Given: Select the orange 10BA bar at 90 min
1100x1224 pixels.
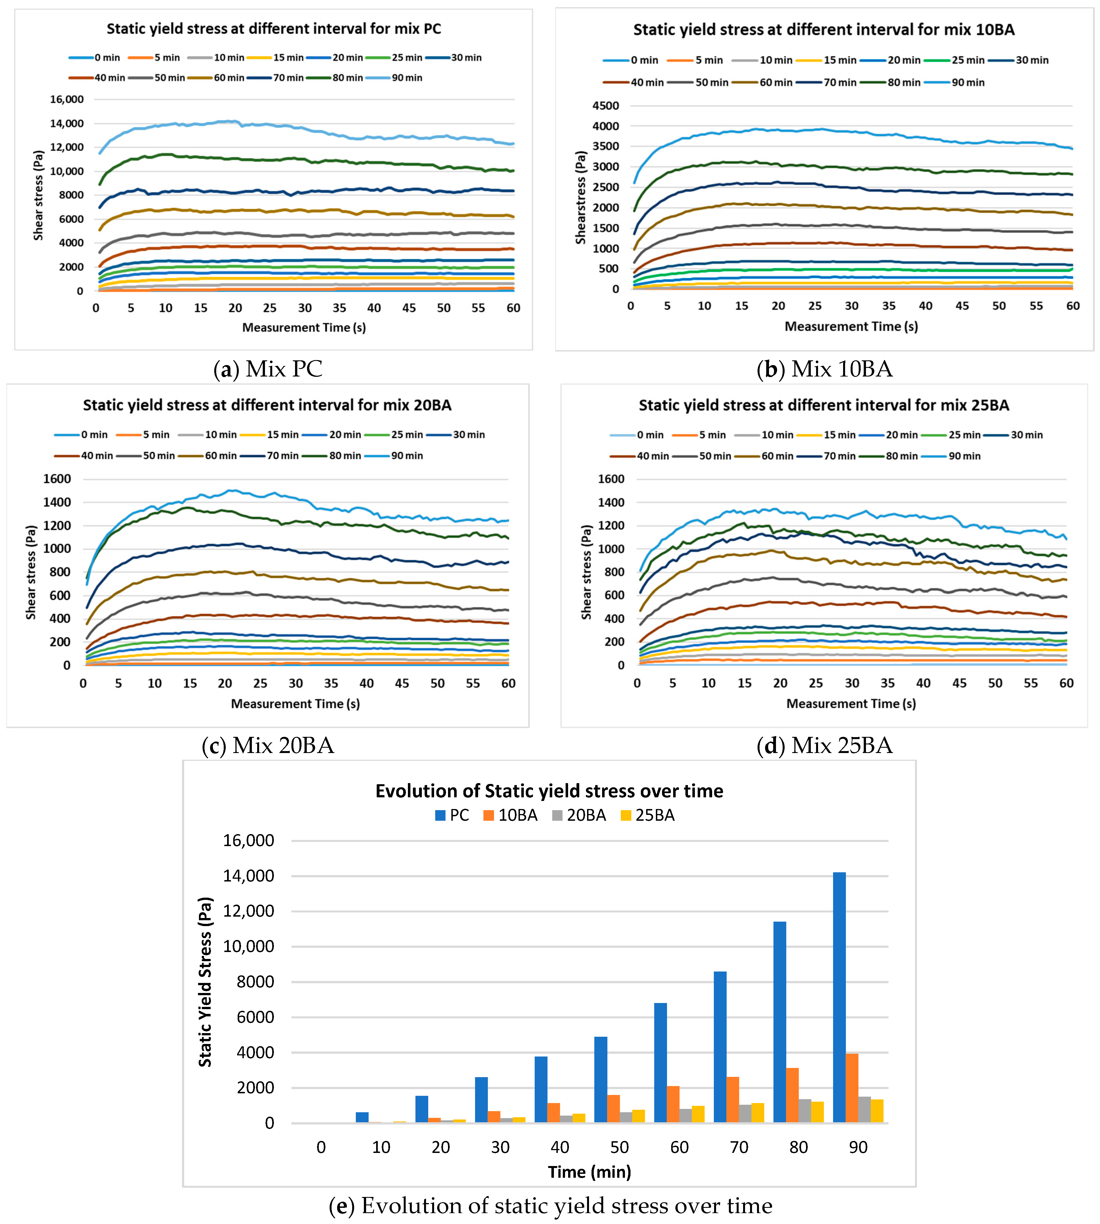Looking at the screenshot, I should (x=851, y=1088).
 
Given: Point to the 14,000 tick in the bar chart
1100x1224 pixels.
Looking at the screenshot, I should (x=249, y=876).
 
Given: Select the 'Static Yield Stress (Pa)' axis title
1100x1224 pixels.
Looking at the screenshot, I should (x=206, y=982).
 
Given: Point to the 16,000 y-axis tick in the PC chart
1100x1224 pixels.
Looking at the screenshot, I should (x=67, y=99).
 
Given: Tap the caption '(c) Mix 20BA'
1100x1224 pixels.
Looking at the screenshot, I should (x=268, y=745).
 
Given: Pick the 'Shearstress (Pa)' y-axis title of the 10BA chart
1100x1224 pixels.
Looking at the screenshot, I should (x=581, y=198).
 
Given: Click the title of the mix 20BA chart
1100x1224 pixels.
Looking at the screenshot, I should (x=267, y=405).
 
